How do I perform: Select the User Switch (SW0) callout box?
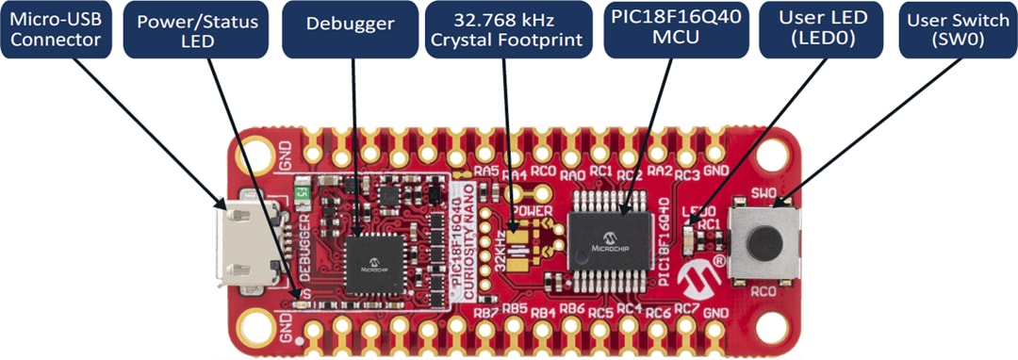(x=957, y=30)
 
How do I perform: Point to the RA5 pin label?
(x=486, y=171)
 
